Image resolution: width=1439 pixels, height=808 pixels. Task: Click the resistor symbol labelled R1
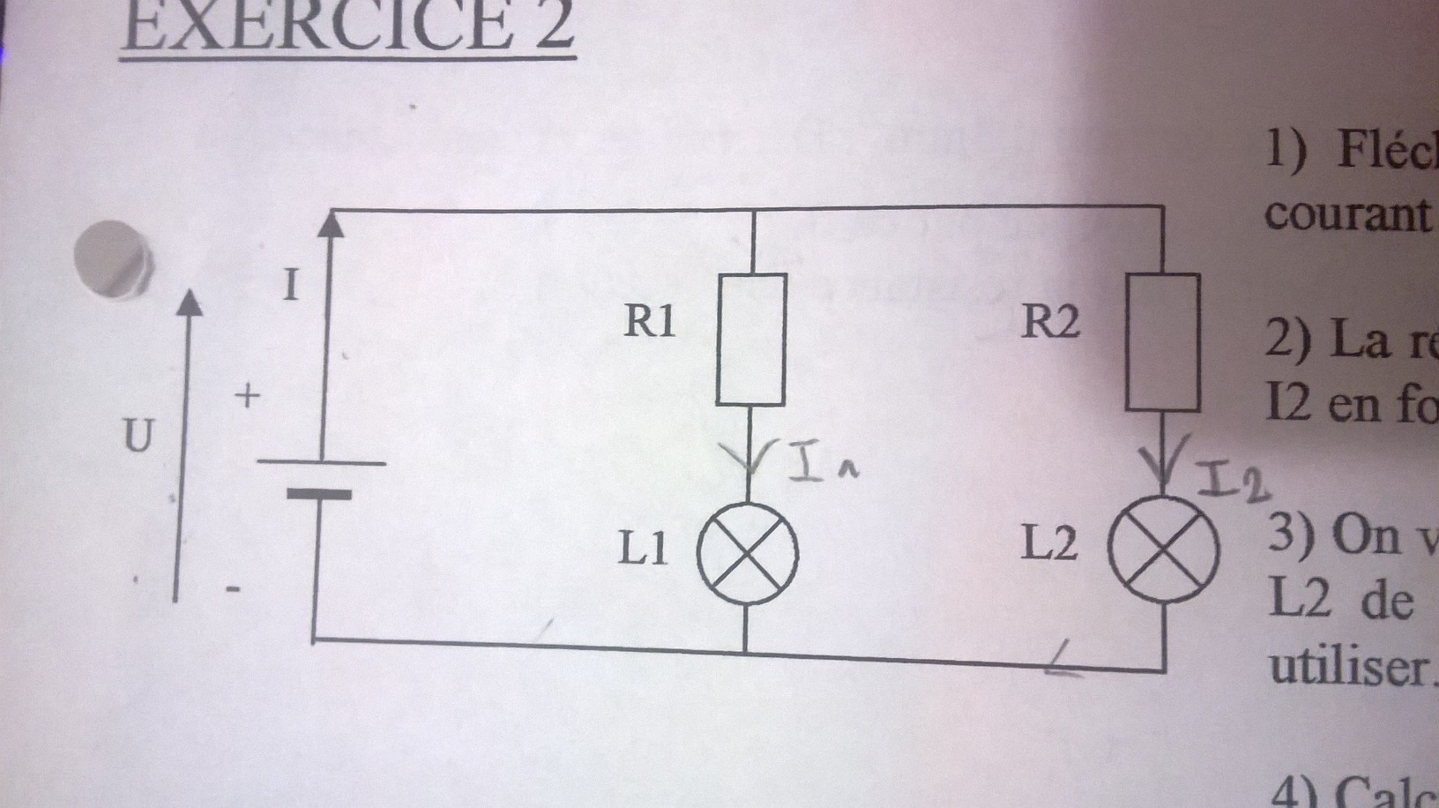[750, 340]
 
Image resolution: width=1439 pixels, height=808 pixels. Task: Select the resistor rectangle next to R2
[1162, 342]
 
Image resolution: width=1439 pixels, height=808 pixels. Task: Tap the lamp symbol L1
[748, 554]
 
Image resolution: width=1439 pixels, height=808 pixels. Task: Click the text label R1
[650, 321]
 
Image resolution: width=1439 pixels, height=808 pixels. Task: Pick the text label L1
[643, 550]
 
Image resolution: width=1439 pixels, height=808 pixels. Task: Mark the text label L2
[1049, 544]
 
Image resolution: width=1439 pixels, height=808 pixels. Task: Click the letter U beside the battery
[138, 436]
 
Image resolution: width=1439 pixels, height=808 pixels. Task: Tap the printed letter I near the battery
[290, 286]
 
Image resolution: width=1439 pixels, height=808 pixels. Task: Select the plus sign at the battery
[248, 396]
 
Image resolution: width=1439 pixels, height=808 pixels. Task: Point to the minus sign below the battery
[234, 588]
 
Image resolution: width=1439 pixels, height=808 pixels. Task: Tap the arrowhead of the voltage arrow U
[187, 303]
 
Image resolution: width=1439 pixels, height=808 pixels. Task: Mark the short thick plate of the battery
[318, 495]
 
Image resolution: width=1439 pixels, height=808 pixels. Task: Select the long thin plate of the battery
[321, 462]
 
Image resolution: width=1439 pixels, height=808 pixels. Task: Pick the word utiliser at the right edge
[1349, 667]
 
